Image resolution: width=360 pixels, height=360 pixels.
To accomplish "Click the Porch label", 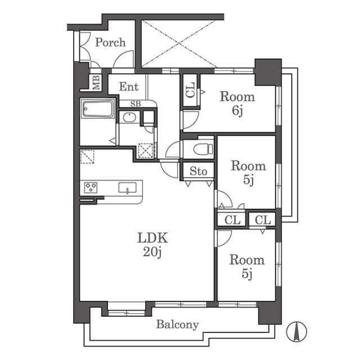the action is point(110,43).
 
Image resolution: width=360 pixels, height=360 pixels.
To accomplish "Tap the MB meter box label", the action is point(96,83).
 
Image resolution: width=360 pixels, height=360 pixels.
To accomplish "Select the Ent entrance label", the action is point(129,87).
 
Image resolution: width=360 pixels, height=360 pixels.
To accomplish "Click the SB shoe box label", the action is point(136,104).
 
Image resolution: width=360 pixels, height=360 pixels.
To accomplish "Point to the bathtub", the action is point(97,109).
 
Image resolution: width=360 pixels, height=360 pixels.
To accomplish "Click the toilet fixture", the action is point(203,148).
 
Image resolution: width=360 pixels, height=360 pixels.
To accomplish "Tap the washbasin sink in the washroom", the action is point(129,118).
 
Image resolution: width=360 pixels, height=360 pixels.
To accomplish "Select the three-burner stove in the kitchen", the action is point(91,187).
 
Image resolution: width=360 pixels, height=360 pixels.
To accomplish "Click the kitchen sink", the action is point(128,187).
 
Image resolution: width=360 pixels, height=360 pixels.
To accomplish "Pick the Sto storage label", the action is point(199,171).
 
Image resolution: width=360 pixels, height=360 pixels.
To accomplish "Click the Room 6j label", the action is point(237,103).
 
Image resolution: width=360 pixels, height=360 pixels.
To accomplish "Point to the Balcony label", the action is point(178,325).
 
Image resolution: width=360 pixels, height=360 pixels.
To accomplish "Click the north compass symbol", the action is point(296,331).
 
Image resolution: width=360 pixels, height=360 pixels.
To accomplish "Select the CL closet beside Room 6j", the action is point(190,90).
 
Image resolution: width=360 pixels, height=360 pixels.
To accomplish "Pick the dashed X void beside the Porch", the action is point(179,44).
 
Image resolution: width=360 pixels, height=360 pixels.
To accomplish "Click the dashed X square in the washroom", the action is point(146,151).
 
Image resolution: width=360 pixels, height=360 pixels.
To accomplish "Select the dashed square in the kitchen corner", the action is point(87,156).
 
